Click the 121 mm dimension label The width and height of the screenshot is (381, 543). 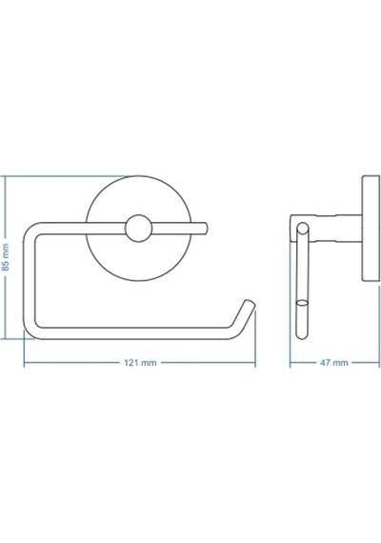pos(140,363)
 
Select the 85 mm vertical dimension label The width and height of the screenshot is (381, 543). pos(5,257)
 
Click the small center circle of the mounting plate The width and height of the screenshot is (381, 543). pos(138,228)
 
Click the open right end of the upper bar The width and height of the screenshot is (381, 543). pos(206,229)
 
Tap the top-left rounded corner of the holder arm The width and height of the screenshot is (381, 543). pos(31,231)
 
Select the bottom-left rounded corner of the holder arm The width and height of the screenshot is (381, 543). pos(31,331)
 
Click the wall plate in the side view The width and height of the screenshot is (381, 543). pos(371,228)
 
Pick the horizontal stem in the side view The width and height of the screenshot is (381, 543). pos(326,228)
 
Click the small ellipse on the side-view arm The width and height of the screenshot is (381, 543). pos(302,303)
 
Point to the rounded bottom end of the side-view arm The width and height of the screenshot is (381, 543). pos(302,335)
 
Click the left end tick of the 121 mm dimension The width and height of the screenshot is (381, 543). pos(24,363)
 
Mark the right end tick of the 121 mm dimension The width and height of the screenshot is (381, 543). pos(255,363)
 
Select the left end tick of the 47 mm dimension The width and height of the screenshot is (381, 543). pos(291,363)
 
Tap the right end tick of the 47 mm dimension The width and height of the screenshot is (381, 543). pos(379,363)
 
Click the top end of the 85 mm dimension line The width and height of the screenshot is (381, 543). pos(5,176)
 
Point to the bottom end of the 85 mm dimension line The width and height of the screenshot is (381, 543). pos(5,338)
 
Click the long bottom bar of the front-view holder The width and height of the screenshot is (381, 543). pos(131,333)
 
